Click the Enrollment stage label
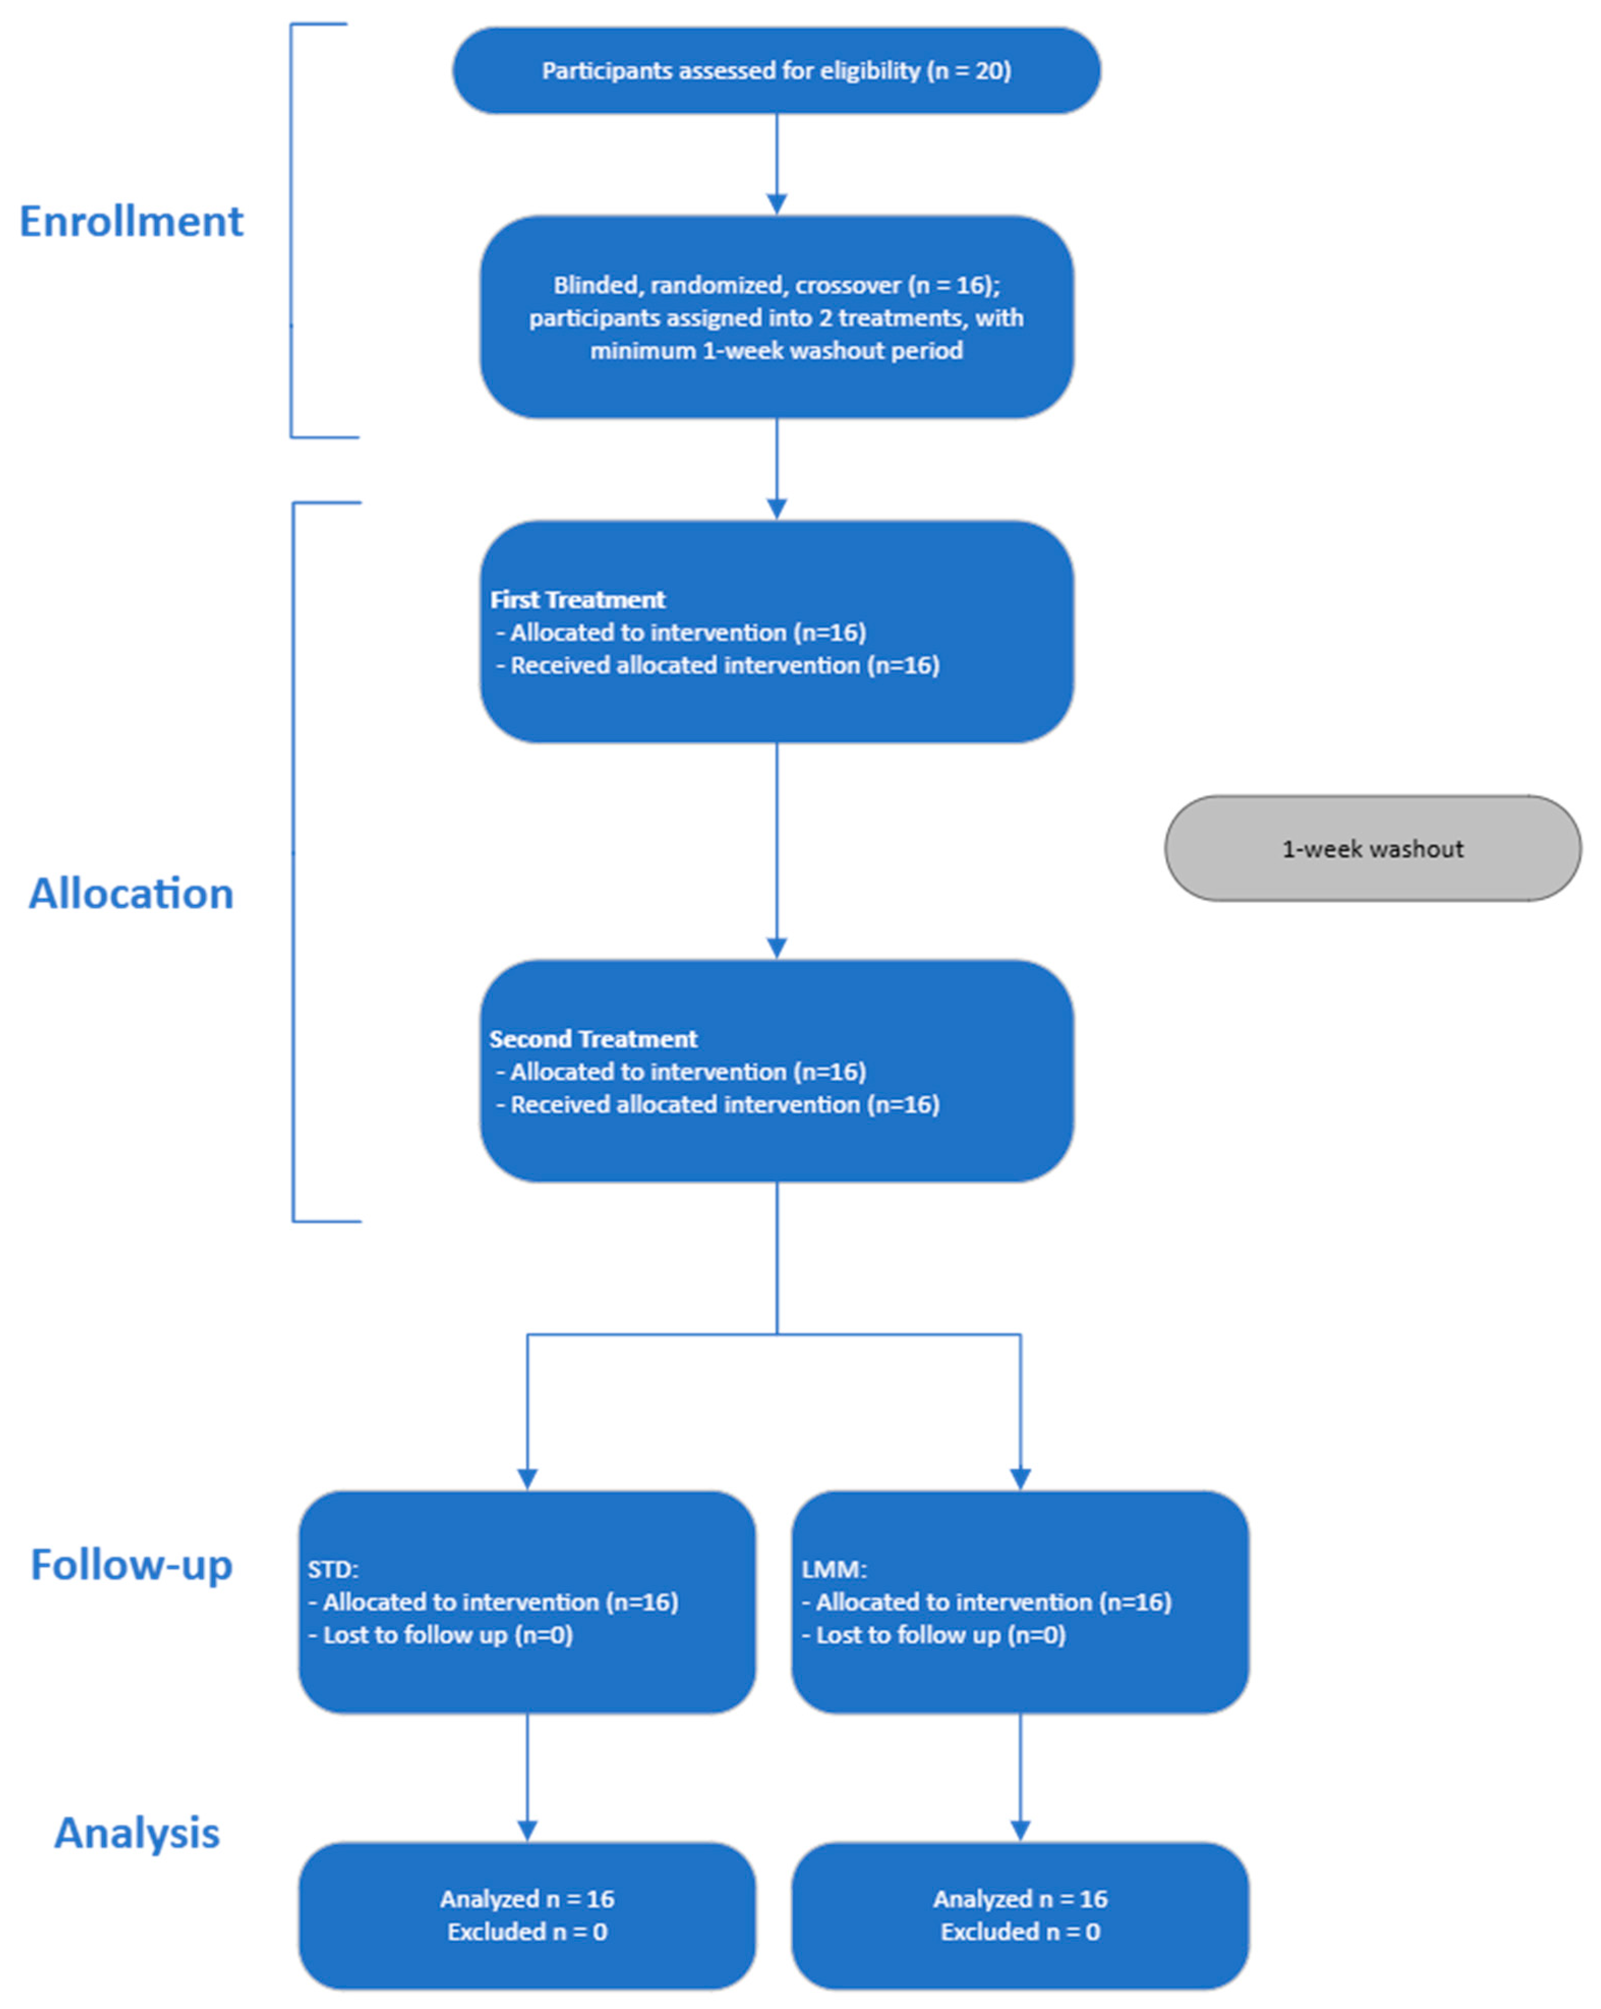coord(131,222)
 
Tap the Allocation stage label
coord(131,894)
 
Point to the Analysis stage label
coord(137,1833)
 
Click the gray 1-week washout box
coord(1372,848)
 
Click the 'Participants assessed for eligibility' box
coord(776,71)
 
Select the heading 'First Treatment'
coord(578,599)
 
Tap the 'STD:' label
coord(333,1569)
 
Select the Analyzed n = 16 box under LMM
coord(1020,1915)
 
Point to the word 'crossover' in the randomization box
coord(848,285)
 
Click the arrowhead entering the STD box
coord(527,1479)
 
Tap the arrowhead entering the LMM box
coord(1020,1479)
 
